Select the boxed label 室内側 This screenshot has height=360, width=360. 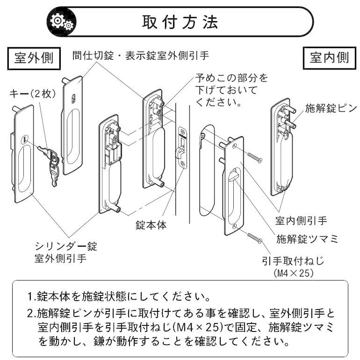330,58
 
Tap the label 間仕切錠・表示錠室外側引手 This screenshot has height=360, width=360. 140,56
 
